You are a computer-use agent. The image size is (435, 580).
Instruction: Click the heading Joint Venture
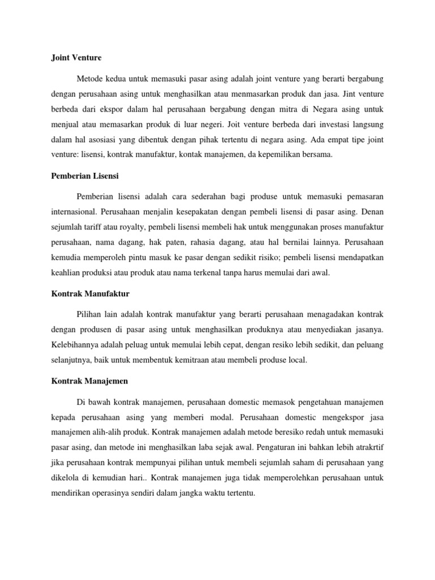point(72,57)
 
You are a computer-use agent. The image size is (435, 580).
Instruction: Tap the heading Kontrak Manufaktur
point(87,294)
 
